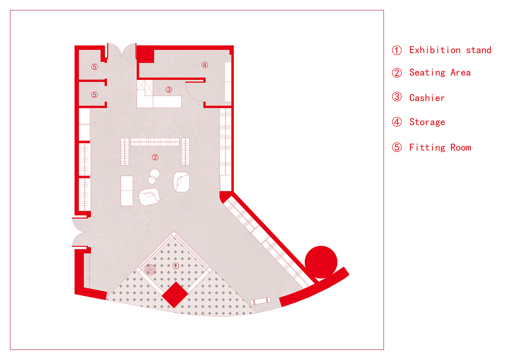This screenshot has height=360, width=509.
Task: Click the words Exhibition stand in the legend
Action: (x=450, y=50)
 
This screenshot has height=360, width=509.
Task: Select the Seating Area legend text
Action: (x=440, y=73)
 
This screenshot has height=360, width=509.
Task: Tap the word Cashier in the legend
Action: (x=427, y=98)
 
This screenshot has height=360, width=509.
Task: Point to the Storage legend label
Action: (x=427, y=122)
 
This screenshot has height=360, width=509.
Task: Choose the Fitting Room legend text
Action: (x=440, y=148)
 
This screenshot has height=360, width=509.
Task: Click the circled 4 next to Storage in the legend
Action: (x=397, y=122)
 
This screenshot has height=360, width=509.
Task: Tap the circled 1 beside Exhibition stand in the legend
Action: (x=397, y=50)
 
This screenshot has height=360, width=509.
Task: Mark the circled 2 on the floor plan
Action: (x=155, y=157)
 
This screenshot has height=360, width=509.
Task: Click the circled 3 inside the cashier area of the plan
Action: (x=169, y=90)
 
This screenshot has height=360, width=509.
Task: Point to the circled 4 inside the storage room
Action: (x=205, y=65)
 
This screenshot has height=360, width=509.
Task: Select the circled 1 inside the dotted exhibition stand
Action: (x=175, y=266)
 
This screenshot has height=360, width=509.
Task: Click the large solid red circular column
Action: (x=321, y=262)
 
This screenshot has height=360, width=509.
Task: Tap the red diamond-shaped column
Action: (x=175, y=295)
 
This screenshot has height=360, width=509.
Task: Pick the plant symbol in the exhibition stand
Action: (x=150, y=269)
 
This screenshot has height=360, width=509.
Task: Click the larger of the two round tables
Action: (x=155, y=174)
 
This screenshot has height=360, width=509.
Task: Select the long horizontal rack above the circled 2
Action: (x=155, y=142)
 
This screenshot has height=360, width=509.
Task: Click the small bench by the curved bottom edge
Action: (x=260, y=301)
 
